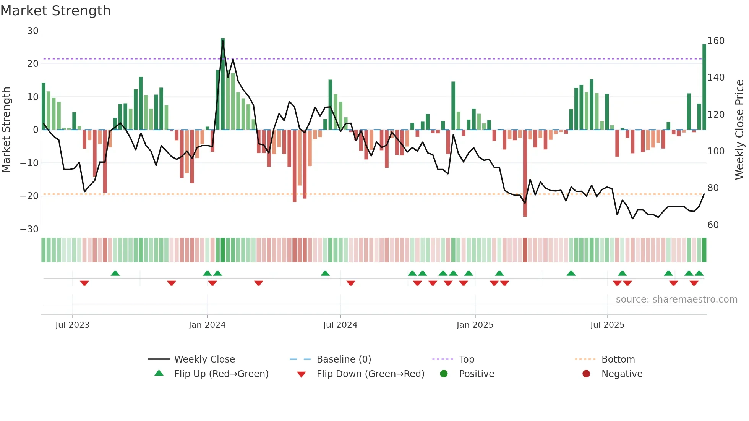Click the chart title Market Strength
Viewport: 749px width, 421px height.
[55, 11]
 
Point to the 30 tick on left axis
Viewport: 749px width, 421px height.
[33, 31]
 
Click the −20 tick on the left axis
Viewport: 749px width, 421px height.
[29, 196]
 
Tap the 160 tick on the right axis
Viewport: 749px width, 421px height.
[716, 41]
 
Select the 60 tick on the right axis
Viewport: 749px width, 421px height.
[713, 225]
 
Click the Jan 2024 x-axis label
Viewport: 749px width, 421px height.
[207, 325]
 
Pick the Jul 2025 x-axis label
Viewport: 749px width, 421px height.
[607, 325]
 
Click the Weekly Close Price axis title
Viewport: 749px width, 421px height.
[739, 130]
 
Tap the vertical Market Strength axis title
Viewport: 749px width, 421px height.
[6, 130]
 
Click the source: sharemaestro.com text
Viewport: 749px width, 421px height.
[676, 300]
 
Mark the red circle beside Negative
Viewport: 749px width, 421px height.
[586, 374]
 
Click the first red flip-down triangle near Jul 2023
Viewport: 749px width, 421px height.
[84, 283]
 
